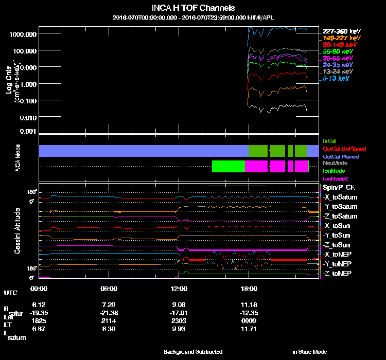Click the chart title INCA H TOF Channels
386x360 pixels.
point(193,8)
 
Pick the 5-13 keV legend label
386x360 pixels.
point(337,79)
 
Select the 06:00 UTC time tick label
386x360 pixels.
point(109,289)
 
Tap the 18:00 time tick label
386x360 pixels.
point(249,289)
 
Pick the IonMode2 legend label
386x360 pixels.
point(335,178)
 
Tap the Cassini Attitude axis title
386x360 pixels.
point(17,230)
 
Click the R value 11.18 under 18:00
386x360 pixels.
point(249,305)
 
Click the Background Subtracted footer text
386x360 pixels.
point(193,352)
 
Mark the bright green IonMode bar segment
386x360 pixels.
point(228,166)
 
